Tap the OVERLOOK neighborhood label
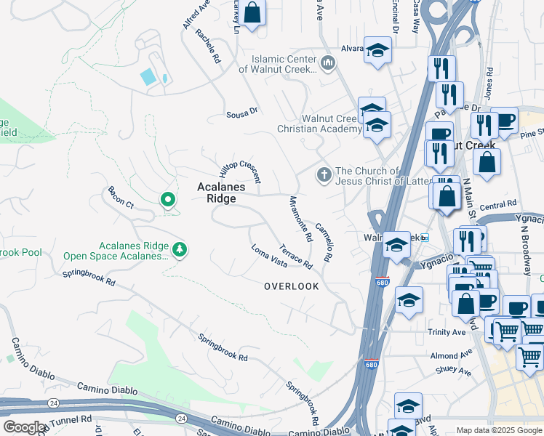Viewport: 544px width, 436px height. (291, 286)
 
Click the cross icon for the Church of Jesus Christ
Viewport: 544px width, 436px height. (324, 175)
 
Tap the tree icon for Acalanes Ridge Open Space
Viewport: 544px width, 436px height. (180, 250)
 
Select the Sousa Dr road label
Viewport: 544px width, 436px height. (242, 113)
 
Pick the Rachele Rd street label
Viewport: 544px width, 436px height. (207, 49)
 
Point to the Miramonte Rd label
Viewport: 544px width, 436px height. (300, 218)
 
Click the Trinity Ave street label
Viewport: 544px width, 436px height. (447, 332)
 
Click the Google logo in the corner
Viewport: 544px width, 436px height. (24, 427)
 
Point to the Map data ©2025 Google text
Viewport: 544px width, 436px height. (498, 430)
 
